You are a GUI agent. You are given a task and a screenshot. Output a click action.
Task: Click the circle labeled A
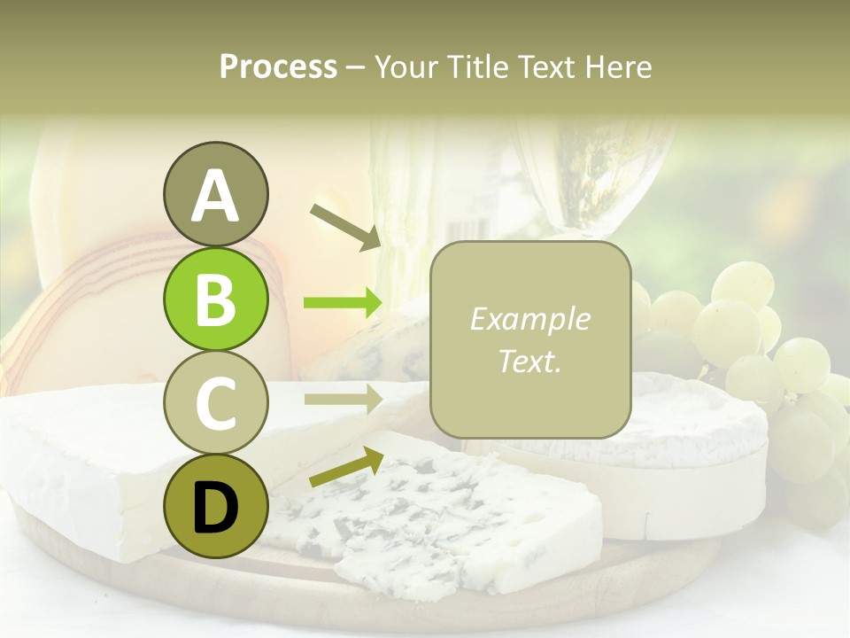tap(215, 194)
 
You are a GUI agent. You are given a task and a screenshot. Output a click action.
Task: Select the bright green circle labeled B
tap(215, 300)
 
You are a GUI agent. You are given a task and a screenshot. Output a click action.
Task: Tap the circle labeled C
tap(215, 402)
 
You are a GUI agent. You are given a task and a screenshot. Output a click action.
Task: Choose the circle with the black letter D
tap(215, 506)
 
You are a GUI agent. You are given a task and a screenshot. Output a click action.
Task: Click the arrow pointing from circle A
tap(345, 225)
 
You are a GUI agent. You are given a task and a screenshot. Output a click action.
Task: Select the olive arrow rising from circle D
tap(345, 468)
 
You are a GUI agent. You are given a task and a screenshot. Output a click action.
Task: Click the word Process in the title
tap(278, 66)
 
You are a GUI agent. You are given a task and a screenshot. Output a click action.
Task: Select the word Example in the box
tap(529, 319)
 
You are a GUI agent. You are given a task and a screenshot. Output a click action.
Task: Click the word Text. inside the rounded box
tap(529, 361)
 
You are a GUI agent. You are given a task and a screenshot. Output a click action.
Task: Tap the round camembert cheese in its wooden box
tap(699, 461)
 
